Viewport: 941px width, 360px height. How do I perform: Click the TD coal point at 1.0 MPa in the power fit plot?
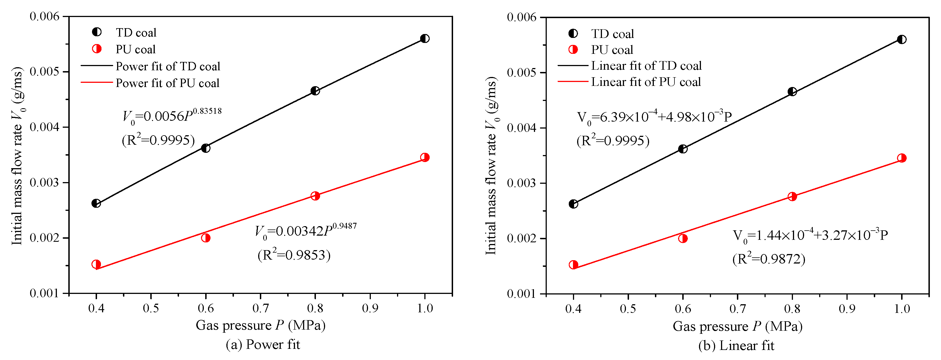pos(424,38)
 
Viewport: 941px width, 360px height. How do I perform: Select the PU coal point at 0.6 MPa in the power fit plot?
pos(206,238)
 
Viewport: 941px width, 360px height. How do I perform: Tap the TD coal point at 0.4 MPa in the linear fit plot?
pos(574,204)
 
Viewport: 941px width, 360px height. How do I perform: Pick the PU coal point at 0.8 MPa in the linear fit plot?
pos(792,197)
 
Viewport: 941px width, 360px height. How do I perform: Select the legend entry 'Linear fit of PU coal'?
pos(646,82)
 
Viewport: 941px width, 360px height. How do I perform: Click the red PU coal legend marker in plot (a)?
pos(97,49)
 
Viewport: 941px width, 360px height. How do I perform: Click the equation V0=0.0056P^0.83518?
pos(172,115)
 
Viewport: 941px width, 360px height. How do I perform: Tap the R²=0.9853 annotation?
pos(294,255)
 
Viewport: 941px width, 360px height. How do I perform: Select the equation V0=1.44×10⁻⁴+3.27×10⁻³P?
pos(810,235)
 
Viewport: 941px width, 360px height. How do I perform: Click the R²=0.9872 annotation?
pos(769,259)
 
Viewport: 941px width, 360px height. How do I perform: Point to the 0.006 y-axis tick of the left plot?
pos(44,16)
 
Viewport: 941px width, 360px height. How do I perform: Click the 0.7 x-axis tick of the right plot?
pos(737,309)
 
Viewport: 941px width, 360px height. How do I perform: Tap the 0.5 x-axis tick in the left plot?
pos(151,308)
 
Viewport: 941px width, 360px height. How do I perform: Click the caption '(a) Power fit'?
pos(263,344)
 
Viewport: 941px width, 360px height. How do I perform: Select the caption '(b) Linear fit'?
pos(736,345)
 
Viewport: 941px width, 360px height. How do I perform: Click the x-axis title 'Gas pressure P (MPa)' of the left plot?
pos(260,325)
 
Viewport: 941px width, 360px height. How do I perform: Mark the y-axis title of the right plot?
pos(491,166)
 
